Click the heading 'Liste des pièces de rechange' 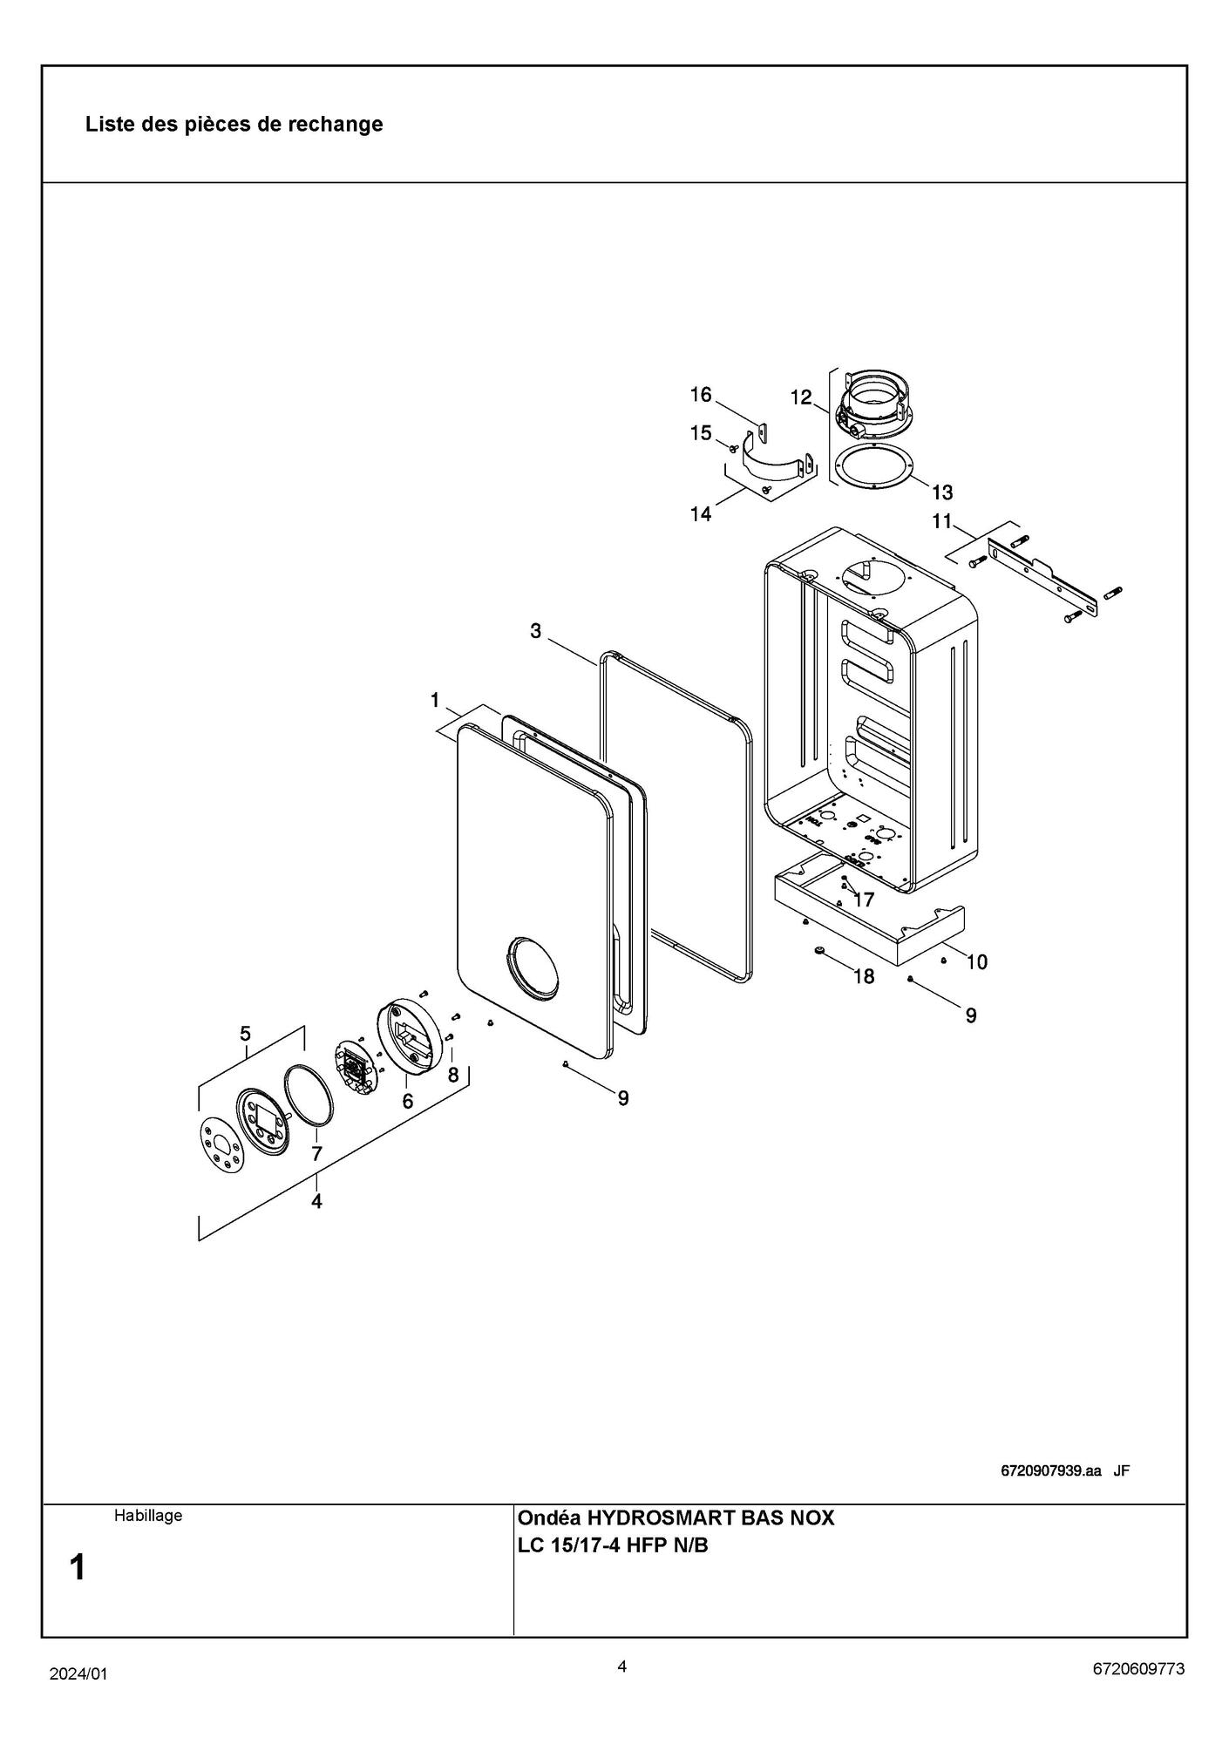234,124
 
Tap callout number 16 701,395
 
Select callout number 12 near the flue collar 801,397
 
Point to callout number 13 941,492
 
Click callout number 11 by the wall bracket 941,521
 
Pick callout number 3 536,630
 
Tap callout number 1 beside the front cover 434,700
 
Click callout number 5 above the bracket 246,1034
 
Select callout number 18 863,976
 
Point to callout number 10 976,962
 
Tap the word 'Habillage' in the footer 148,1516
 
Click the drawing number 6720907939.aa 1050,1471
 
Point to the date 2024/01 78,1674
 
